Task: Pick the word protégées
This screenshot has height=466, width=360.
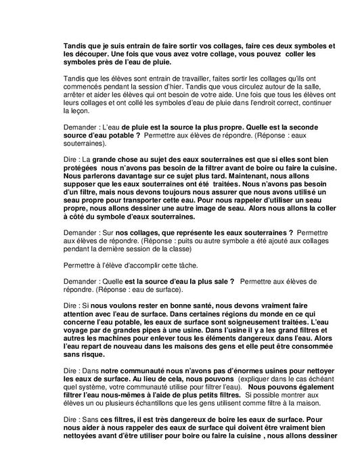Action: (x=82, y=167)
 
